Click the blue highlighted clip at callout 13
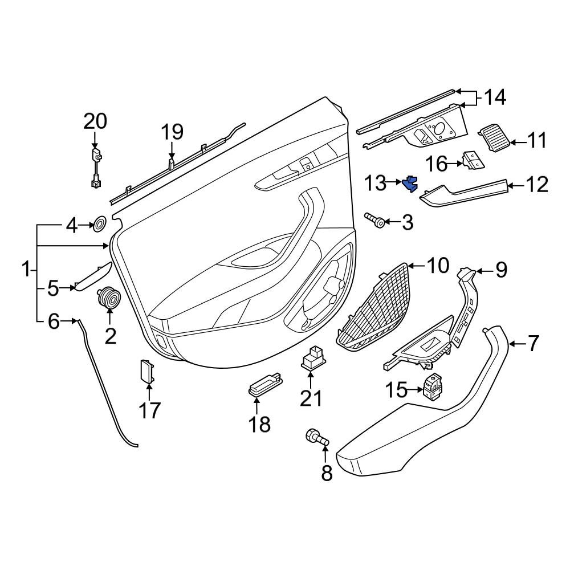[x=410, y=184]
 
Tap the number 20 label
[x=95, y=121]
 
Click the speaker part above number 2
[x=109, y=297]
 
